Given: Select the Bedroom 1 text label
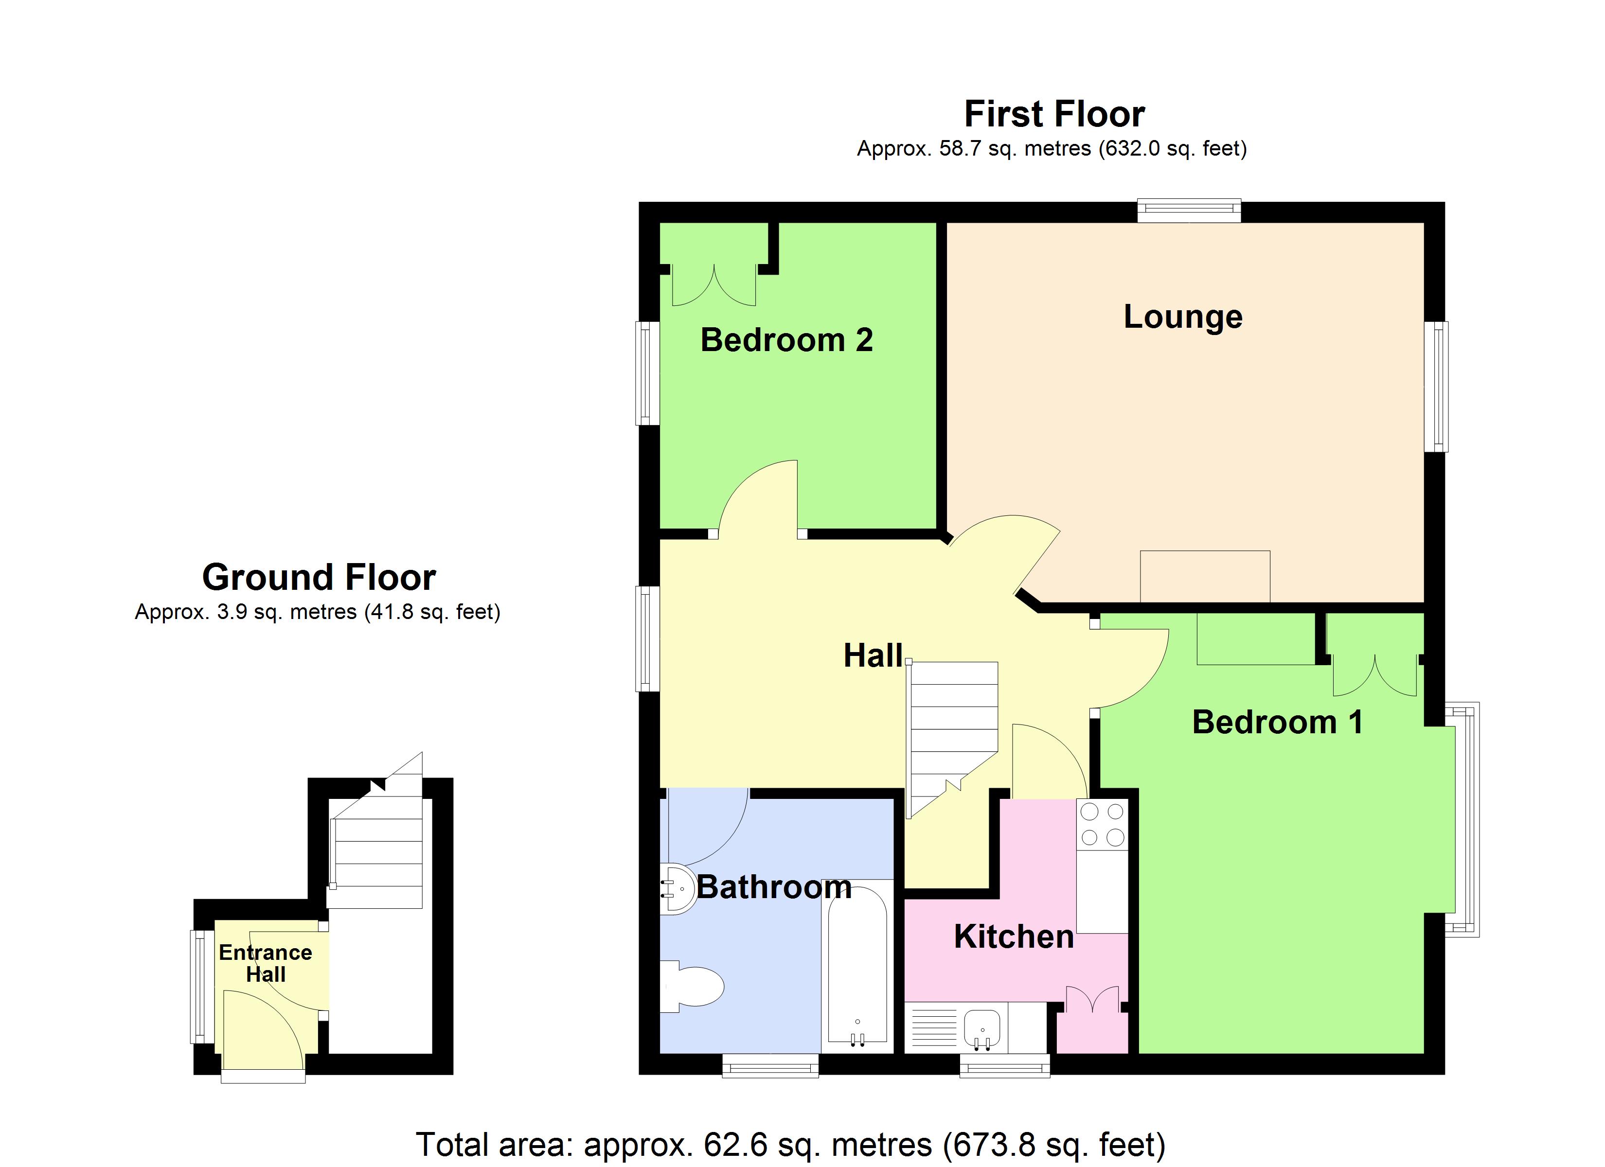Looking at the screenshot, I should tap(1277, 723).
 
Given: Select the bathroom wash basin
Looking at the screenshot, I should tap(678, 889).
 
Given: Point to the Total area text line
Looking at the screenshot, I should tap(790, 1144).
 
